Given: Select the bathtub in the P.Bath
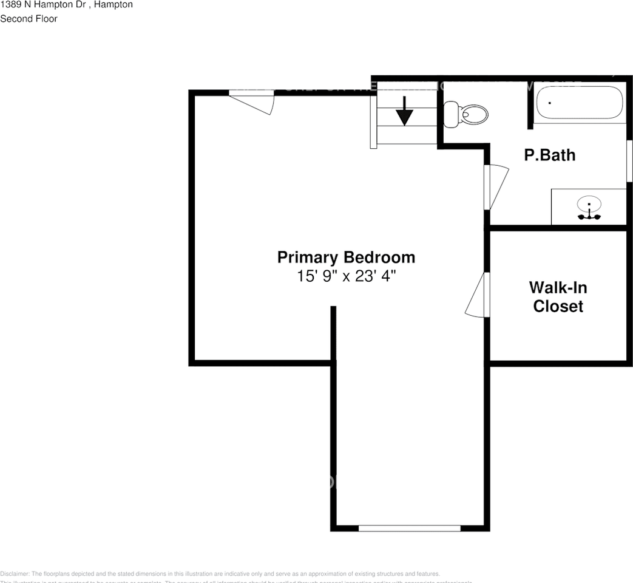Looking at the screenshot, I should tap(579, 103).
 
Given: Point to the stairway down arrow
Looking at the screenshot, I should tap(404, 111).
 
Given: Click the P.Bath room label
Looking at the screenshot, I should tap(549, 155).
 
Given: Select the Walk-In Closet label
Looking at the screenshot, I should tap(558, 296).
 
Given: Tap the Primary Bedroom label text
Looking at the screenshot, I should tap(346, 257).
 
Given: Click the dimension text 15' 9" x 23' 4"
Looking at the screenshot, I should tap(346, 276).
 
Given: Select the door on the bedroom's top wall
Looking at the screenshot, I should tap(253, 101).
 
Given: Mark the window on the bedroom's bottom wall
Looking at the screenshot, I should tap(409, 528).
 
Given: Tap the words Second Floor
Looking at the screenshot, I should tap(29, 19).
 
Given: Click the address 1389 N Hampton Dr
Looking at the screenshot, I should tap(44, 5).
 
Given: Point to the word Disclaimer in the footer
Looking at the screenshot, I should tap(15, 573).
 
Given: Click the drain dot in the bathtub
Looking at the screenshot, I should tap(549, 103).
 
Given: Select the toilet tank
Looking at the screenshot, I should tap(451, 114).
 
